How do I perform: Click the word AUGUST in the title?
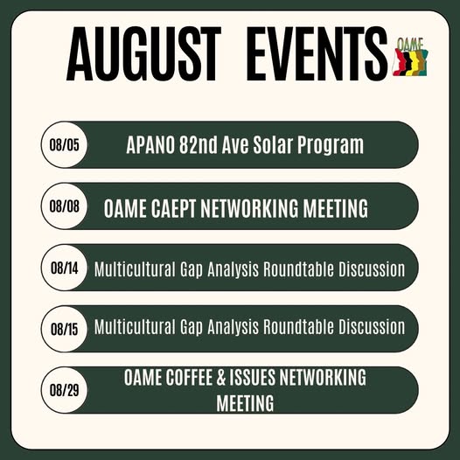143,53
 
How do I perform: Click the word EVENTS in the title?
317,53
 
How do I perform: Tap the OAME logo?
410,57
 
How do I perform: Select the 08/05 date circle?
64,144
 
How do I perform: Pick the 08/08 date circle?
64,206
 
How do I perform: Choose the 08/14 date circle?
64,268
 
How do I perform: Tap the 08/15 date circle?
64,329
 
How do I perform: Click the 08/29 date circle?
64,390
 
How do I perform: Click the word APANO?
150,145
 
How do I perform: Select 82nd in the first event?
199,145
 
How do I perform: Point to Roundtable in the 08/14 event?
298,269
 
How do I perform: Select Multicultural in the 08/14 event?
135,269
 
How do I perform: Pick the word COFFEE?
189,378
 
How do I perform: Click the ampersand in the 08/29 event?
221,378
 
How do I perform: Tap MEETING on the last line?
245,403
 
